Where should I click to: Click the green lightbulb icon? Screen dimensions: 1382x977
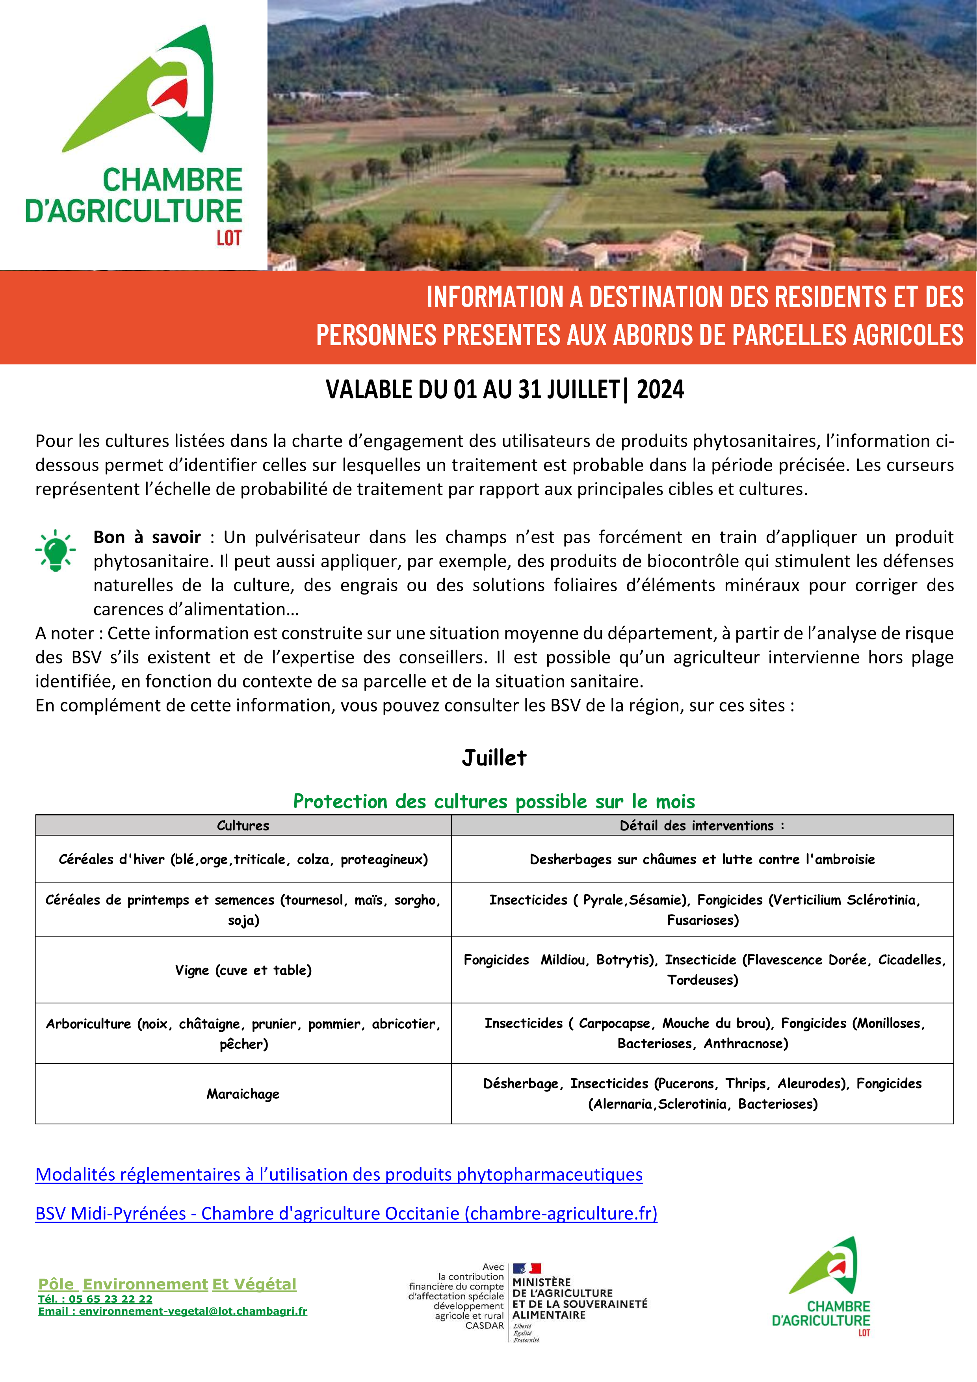(x=56, y=550)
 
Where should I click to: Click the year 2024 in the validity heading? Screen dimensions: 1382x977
(x=660, y=390)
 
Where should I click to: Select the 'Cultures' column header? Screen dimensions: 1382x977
(x=243, y=825)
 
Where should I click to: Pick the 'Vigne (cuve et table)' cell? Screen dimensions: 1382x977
(x=243, y=970)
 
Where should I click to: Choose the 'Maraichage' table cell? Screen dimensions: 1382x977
(x=243, y=1094)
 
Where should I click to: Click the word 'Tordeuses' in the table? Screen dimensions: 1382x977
(x=702, y=980)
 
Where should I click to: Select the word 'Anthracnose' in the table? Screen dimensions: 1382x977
(x=745, y=1043)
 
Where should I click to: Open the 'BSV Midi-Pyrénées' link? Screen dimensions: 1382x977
(x=346, y=1213)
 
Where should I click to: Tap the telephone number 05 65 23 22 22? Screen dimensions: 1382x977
(x=110, y=1299)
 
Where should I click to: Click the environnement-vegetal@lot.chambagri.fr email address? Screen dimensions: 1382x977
(x=193, y=1311)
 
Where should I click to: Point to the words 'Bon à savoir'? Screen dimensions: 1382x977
(x=147, y=537)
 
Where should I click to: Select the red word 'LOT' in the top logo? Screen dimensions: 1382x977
(x=229, y=238)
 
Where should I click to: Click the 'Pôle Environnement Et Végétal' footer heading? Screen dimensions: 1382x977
(x=167, y=1284)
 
